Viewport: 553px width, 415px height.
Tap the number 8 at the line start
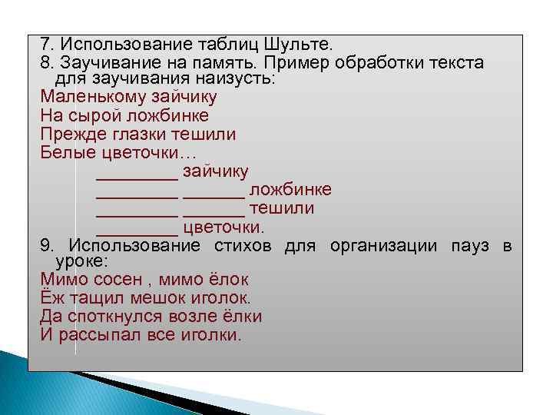(45, 63)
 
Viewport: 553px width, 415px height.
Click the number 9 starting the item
(45, 246)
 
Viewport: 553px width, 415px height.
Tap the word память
(231, 63)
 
